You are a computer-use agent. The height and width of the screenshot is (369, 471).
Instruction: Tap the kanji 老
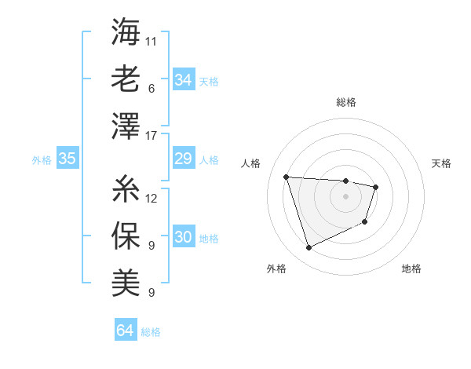click(126, 79)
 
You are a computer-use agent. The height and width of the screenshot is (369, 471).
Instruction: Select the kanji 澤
click(126, 126)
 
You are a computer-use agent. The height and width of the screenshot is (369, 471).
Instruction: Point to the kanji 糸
click(126, 188)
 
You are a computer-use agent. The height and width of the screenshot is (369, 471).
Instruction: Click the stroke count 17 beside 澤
click(152, 136)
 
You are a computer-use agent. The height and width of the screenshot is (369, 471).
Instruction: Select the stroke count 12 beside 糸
click(152, 198)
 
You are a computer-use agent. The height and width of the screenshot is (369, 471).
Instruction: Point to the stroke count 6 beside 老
click(151, 89)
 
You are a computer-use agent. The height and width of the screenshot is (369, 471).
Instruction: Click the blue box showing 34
click(183, 79)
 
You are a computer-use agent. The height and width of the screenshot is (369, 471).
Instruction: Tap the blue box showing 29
click(183, 159)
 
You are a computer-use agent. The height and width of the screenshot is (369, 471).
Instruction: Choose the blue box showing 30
click(183, 238)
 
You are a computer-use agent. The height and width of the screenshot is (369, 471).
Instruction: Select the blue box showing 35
click(67, 159)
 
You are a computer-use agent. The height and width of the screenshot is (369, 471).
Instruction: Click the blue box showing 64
click(125, 331)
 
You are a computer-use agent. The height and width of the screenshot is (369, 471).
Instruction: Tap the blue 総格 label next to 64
click(151, 332)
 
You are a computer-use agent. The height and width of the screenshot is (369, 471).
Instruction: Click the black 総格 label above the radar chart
click(345, 102)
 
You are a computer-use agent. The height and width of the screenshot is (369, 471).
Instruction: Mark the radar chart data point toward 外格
click(309, 248)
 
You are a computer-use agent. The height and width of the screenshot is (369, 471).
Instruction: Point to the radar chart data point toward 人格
click(287, 177)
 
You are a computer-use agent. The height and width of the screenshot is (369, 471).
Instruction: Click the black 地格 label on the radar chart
click(411, 269)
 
